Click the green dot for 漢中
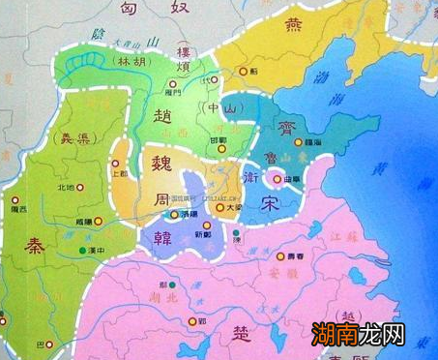pyautogui.click(x=81, y=252)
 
